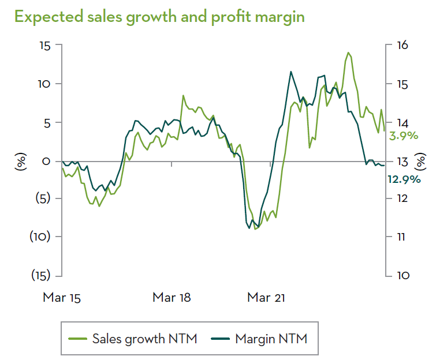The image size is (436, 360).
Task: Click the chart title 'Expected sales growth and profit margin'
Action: point(159,17)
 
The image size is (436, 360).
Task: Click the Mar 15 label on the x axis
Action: point(62,298)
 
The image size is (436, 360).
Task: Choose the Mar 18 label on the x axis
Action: point(172,298)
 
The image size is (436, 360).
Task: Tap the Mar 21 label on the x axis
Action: point(266,298)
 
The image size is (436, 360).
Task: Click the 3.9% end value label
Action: point(404,137)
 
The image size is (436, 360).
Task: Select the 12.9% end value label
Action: point(404,179)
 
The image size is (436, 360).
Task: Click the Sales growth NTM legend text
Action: point(144,339)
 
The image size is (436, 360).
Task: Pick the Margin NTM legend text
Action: point(271,339)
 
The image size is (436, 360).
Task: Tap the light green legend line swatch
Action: point(77,339)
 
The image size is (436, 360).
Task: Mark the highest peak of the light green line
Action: point(348,53)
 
